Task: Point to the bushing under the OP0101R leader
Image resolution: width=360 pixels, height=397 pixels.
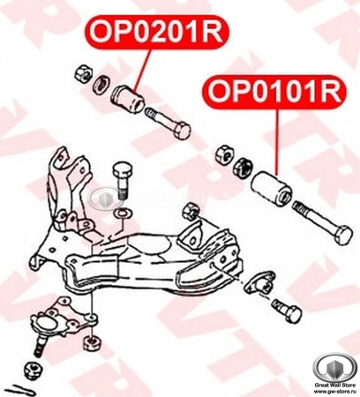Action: tap(271, 188)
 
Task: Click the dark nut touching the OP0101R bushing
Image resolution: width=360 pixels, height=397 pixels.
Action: tap(240, 164)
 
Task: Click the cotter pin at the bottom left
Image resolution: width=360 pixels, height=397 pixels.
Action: tap(25, 389)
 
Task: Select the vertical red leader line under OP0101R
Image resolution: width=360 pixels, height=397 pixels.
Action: tap(276, 141)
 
